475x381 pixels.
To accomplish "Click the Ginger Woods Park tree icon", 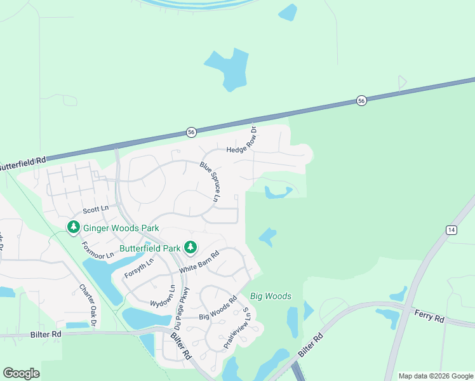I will point(74,227).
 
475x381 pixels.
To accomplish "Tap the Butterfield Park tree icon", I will point(190,246).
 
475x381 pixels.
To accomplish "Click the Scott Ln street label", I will point(97,209).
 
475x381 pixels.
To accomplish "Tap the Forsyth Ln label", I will point(140,269).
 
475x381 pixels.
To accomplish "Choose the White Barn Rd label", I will point(199,262).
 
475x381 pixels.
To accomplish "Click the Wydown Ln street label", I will point(171,296).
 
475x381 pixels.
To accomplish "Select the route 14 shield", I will point(451,230).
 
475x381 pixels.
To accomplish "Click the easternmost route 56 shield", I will point(361,101).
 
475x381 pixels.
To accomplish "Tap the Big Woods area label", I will point(271,296).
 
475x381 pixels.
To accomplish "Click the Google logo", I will point(21,373).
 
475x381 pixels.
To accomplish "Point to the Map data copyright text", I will point(435,376).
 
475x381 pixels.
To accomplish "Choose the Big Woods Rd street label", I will point(218,307).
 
